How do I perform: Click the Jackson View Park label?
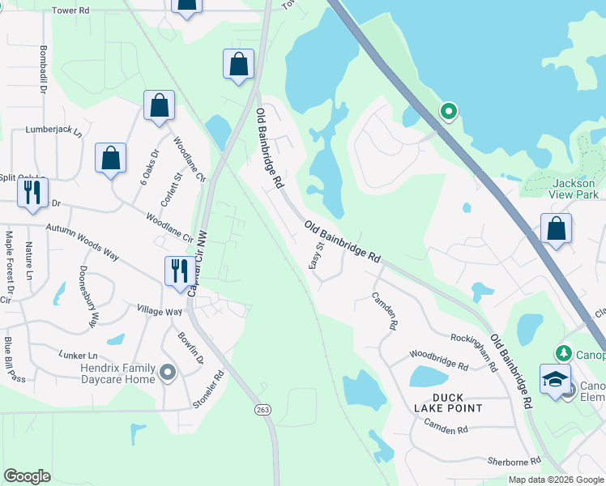pyautogui.click(x=574, y=190)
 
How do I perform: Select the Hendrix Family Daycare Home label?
pyautogui.click(x=106, y=373)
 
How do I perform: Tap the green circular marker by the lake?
pyautogui.click(x=448, y=111)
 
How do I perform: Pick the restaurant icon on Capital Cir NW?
pyautogui.click(x=177, y=271)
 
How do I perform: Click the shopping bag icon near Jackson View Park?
pyautogui.click(x=557, y=228)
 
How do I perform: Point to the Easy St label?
pyautogui.click(x=317, y=256)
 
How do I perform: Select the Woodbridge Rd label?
pyautogui.click(x=438, y=360)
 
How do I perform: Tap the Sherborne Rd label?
pyautogui.click(x=514, y=461)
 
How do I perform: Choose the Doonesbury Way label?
pyautogui.click(x=88, y=296)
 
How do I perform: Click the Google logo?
pyautogui.click(x=27, y=476)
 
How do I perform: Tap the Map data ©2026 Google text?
pyautogui.click(x=555, y=480)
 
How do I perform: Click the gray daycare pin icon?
pyautogui.click(x=168, y=373)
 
